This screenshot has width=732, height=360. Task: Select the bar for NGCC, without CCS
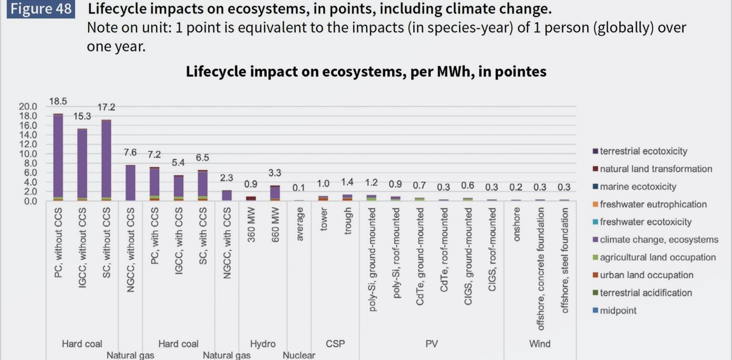(130, 182)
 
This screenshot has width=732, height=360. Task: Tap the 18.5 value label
(58, 101)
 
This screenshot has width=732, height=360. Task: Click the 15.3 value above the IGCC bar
(82, 116)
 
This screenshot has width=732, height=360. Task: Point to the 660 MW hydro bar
(275, 192)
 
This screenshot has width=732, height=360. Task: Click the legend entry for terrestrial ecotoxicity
(643, 151)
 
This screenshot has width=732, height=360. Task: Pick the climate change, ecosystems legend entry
(659, 240)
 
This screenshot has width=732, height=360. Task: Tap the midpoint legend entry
(618, 310)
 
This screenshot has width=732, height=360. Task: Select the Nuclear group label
(299, 355)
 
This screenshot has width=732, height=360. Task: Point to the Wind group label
(540, 344)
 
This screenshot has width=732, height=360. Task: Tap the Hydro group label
(262, 344)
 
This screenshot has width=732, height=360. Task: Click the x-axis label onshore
(516, 224)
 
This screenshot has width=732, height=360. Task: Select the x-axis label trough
(347, 221)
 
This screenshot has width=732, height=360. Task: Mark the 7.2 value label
(154, 154)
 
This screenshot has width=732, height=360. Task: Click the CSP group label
(335, 344)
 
